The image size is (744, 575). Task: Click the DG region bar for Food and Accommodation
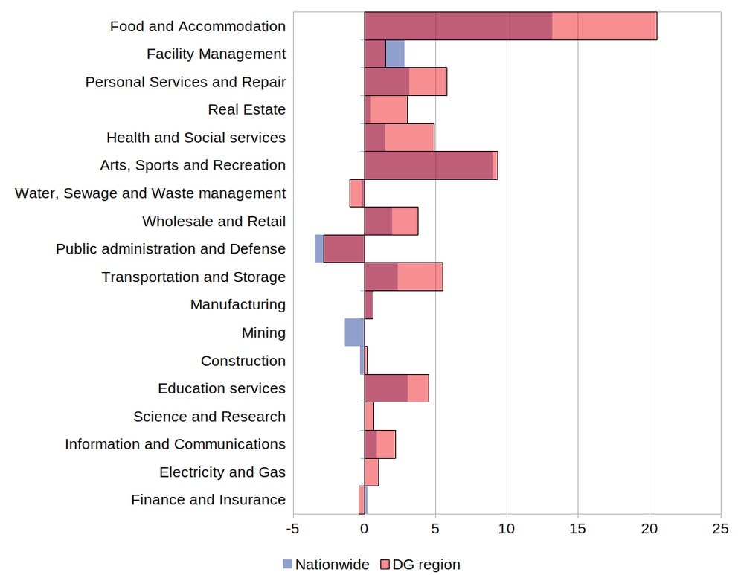tap(510, 26)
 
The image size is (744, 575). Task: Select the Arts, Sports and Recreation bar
tap(431, 165)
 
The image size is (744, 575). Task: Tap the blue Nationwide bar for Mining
tap(355, 333)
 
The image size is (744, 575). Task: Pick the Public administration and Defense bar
tap(344, 248)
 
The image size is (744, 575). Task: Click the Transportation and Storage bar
tap(403, 277)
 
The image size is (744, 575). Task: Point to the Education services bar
tap(397, 388)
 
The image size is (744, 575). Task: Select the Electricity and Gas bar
tap(371, 472)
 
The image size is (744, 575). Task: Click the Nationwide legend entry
tap(326, 564)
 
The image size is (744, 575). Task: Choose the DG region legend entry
tap(420, 564)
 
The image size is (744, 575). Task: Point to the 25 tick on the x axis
tap(720, 529)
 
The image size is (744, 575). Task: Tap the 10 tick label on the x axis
tap(507, 529)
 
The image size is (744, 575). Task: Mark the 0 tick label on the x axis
tap(365, 529)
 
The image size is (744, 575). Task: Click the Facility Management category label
tap(216, 54)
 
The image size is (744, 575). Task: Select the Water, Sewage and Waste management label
tap(150, 193)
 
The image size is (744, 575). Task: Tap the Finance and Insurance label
tap(208, 500)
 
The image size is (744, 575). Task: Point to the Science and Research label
tap(209, 417)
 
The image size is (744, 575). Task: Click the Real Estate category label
tap(246, 109)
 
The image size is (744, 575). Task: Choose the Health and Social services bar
tap(399, 138)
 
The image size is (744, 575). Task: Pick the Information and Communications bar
tap(379, 444)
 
